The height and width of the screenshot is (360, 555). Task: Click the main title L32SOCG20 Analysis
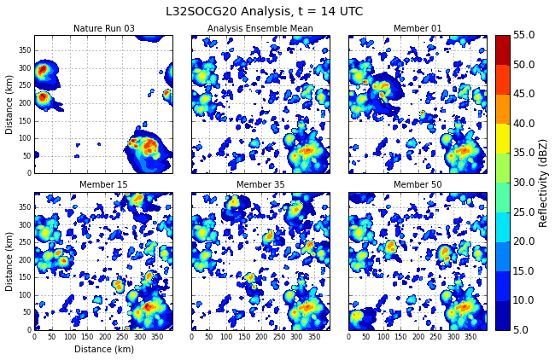[x=264, y=12]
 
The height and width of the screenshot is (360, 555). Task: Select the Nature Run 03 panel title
[x=103, y=29]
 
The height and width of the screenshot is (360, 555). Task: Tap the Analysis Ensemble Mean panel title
[x=260, y=29]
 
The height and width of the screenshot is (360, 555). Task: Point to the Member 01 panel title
[x=418, y=29]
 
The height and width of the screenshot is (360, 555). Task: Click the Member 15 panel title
[x=103, y=185]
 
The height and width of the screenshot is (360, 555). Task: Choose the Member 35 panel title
[x=260, y=185]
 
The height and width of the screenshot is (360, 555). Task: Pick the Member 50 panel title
[x=418, y=185]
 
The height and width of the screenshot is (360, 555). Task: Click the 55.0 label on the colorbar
[x=524, y=35]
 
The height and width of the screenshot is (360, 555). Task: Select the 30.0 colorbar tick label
[x=524, y=183]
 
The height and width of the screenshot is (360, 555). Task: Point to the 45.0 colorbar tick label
[x=524, y=94]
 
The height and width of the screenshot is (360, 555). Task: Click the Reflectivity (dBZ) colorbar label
[x=543, y=183]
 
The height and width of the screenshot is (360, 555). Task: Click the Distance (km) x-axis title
[x=103, y=349]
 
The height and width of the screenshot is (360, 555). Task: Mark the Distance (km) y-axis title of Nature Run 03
[x=10, y=104]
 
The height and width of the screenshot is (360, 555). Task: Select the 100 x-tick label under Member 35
[x=226, y=337]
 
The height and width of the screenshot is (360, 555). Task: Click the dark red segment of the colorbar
[x=503, y=49]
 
